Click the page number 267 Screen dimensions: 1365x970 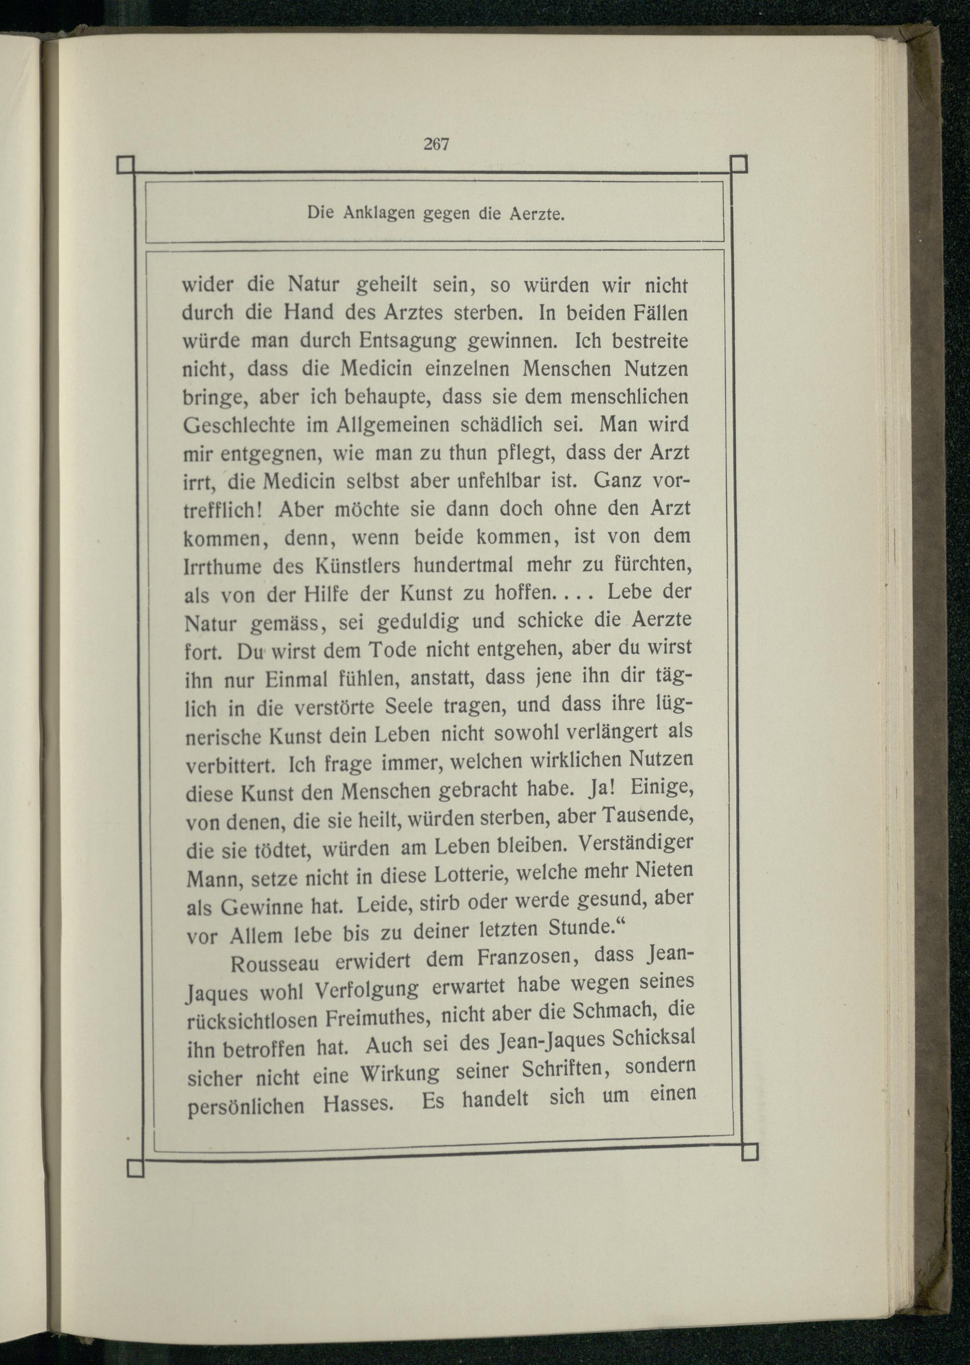click(436, 144)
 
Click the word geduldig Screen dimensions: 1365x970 click(418, 621)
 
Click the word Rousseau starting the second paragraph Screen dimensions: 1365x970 click(275, 964)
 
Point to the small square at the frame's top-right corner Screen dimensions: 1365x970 click(739, 163)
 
